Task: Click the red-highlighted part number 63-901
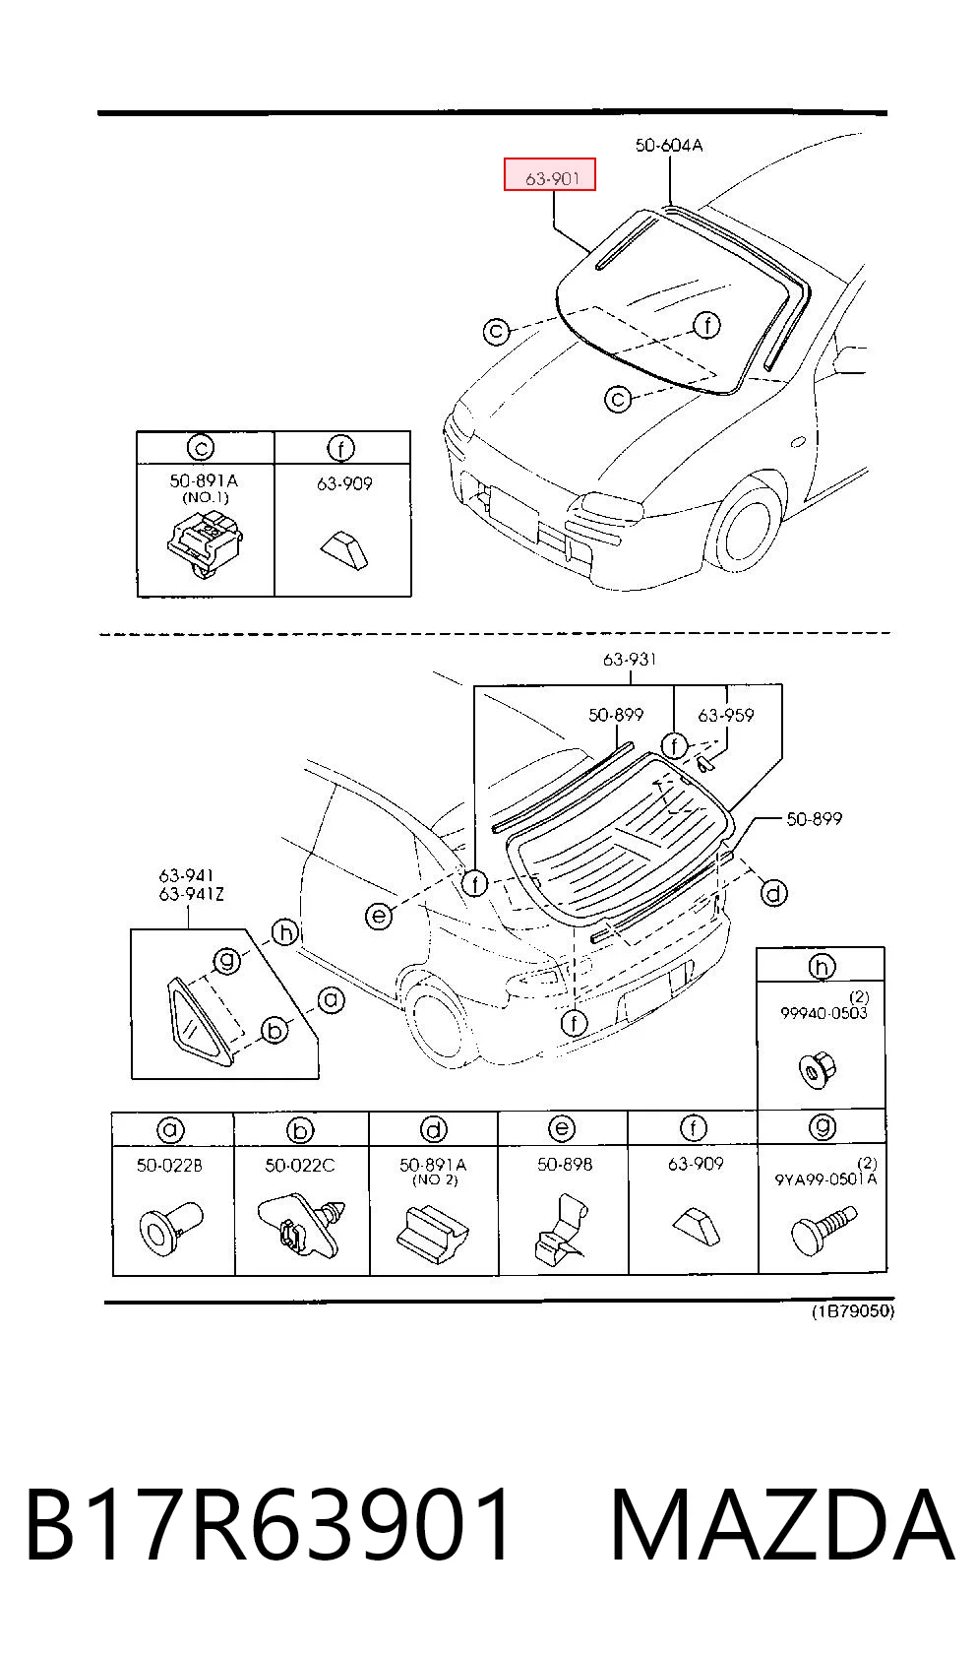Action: tap(552, 178)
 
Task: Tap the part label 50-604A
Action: tap(669, 146)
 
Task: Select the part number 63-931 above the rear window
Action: tap(630, 659)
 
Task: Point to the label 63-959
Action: tap(725, 715)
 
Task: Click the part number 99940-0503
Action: tap(823, 1013)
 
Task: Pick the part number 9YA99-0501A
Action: tap(825, 1179)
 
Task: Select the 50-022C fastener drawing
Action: tap(301, 1225)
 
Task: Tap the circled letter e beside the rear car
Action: tap(378, 917)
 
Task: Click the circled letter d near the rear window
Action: tap(773, 894)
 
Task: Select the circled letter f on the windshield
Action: tap(707, 325)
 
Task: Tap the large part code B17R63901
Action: tap(269, 1525)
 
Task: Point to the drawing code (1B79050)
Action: tap(853, 1311)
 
